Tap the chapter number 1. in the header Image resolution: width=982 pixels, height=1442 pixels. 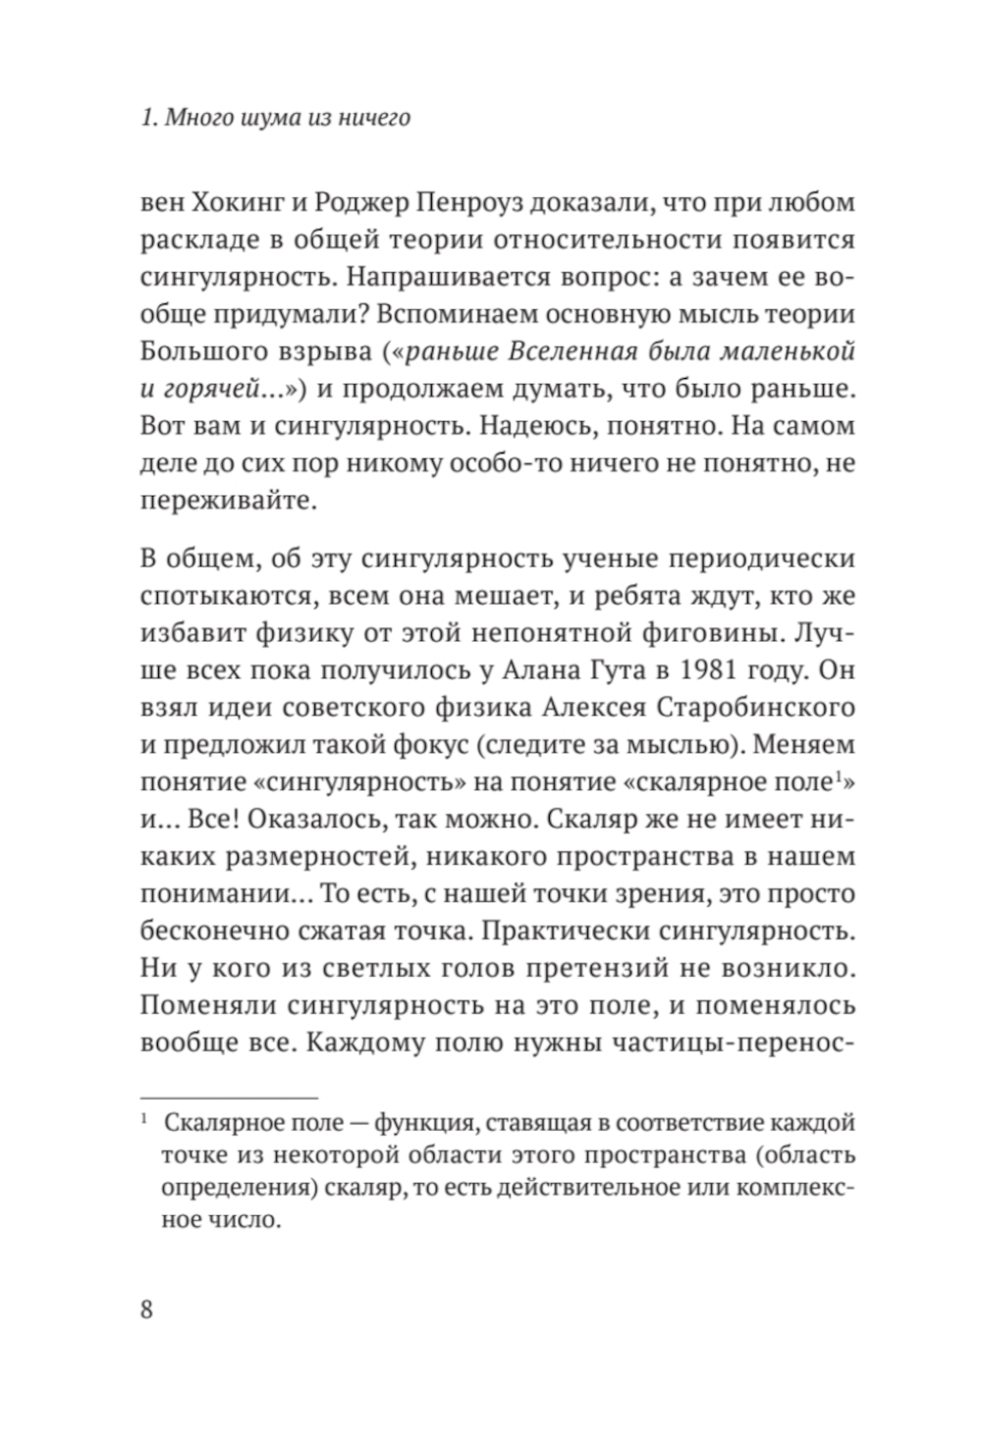(x=148, y=119)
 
